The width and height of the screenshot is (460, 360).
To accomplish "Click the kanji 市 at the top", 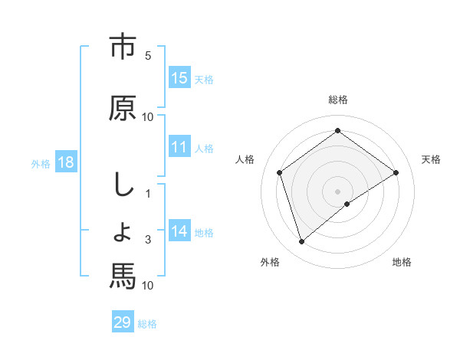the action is (x=123, y=47).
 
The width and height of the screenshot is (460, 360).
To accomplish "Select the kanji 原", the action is (x=123, y=107).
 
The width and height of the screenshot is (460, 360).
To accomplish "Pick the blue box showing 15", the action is (x=179, y=78).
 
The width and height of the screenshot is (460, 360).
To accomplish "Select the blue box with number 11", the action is (x=179, y=148).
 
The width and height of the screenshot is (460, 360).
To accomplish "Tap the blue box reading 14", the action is (x=179, y=231).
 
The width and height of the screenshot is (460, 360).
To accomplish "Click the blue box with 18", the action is (x=65, y=162).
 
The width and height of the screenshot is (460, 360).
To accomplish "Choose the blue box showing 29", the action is (x=123, y=322).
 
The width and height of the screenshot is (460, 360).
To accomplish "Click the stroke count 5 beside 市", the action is (x=148, y=56).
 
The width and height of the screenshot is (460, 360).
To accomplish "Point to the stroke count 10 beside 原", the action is (x=148, y=117).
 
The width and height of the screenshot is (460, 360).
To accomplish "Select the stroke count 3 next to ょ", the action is (x=148, y=241).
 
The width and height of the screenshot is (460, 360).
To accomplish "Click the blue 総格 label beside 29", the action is (x=147, y=324).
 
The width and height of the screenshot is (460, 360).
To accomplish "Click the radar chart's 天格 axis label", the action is (x=431, y=159).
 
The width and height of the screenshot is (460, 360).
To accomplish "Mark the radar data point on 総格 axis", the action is (x=337, y=130).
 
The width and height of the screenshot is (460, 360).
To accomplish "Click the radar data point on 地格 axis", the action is (x=347, y=204).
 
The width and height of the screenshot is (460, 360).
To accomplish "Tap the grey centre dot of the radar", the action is (x=337, y=191).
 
